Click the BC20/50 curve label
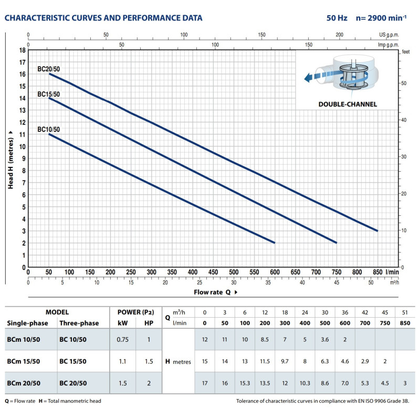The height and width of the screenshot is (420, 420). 48,69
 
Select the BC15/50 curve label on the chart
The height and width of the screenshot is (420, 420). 48,94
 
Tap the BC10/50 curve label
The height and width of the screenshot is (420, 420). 48,129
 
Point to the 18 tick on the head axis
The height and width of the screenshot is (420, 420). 22,50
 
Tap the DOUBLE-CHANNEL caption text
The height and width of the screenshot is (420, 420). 348,104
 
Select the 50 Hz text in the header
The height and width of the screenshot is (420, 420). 337,18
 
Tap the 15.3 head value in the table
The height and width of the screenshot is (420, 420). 244,383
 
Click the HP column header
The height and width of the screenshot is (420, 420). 149,322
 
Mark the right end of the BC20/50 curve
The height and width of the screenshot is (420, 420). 377,230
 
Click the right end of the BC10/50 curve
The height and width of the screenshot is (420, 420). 275,243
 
